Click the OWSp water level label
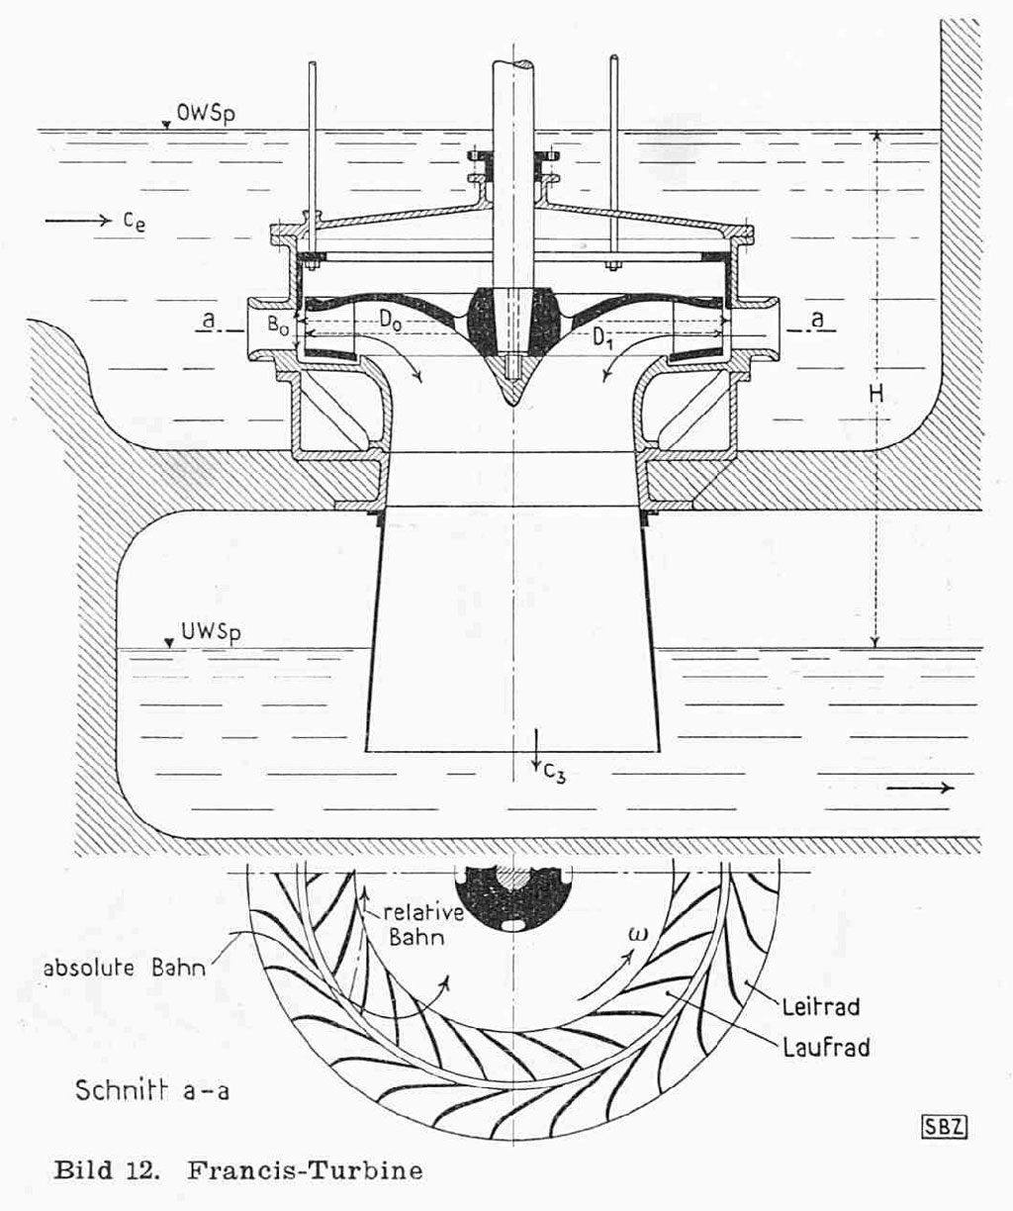[x=207, y=115]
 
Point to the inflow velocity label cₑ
[x=136, y=221]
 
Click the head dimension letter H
[x=875, y=395]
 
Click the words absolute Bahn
[x=123, y=968]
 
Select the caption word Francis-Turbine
[x=303, y=1172]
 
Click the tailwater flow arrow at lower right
[x=921, y=788]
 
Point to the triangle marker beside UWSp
[x=171, y=643]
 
